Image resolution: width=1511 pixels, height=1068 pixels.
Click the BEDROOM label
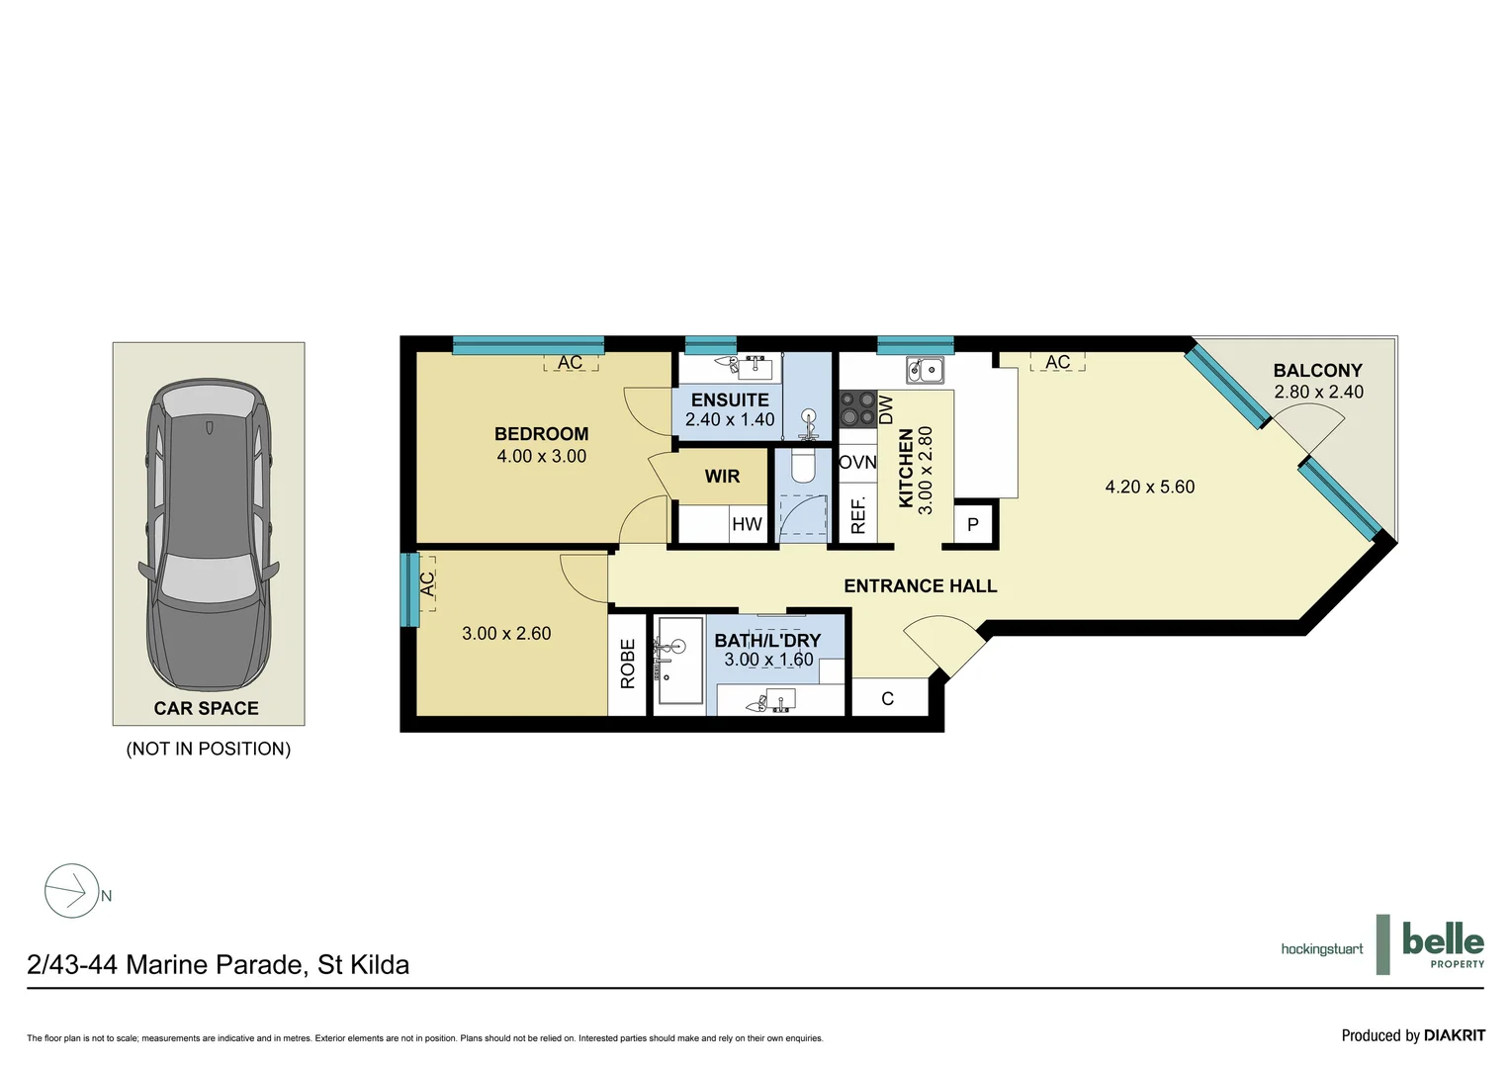[541, 434]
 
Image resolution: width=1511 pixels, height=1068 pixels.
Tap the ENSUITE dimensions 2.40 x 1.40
[730, 420]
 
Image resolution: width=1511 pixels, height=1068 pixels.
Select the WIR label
[722, 477]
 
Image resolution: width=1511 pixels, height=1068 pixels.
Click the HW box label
[747, 524]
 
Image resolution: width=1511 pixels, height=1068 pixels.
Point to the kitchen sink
[926, 371]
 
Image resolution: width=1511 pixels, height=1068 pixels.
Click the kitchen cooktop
[858, 408]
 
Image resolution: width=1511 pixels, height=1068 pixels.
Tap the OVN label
[857, 463]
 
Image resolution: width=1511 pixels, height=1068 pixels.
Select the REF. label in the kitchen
[857, 515]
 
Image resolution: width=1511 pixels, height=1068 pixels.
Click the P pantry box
[973, 525]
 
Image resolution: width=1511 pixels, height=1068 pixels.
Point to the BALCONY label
[1317, 371]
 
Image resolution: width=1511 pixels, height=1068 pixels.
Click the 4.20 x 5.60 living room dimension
[1149, 488]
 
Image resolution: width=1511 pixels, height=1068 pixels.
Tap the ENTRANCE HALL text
[920, 586]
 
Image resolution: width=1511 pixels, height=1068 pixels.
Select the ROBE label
[628, 664]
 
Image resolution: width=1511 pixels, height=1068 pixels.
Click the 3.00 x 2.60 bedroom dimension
[506, 634]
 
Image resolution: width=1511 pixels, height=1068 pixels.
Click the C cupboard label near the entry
[887, 699]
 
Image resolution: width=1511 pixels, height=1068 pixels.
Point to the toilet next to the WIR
[803, 467]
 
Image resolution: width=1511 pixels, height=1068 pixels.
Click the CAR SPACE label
[206, 708]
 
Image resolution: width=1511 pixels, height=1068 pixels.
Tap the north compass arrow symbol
[72, 891]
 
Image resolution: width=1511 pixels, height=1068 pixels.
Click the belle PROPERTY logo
[1442, 944]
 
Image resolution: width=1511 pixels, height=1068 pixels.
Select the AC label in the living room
[1057, 363]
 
